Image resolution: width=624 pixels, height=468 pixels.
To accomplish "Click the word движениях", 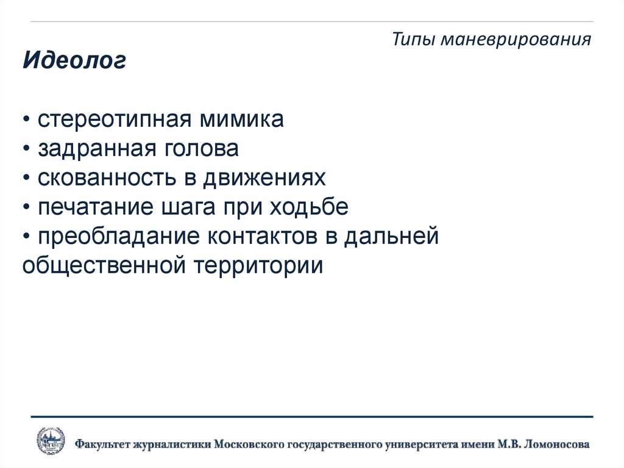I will coord(264,178).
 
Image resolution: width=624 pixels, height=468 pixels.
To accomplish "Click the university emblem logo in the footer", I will coord(51,441).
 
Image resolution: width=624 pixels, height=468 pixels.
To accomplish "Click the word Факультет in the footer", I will coord(105,444).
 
